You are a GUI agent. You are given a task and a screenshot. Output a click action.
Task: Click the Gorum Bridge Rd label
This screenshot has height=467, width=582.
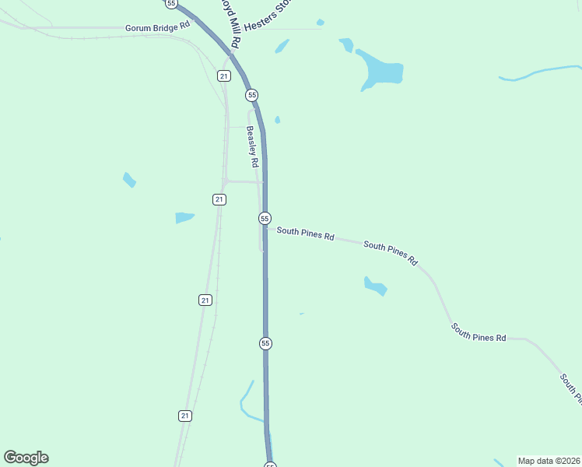pyautogui.click(x=158, y=26)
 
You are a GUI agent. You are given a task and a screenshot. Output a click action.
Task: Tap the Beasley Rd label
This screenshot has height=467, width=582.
pyautogui.click(x=251, y=147)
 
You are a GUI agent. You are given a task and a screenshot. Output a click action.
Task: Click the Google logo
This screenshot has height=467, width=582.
pyautogui.click(x=26, y=458)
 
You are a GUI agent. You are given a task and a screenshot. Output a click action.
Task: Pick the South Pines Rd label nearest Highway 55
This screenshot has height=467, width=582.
pyautogui.click(x=305, y=233)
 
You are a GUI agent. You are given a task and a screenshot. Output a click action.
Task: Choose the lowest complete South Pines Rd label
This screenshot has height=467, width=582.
pyautogui.click(x=479, y=332)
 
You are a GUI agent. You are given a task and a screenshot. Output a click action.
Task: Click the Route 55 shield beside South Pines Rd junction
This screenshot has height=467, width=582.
pyautogui.click(x=265, y=219)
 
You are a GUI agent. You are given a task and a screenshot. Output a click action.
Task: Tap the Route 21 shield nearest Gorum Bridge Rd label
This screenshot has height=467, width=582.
pyautogui.click(x=224, y=75)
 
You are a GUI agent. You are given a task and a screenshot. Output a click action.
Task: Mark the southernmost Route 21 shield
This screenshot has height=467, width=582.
pyautogui.click(x=184, y=416)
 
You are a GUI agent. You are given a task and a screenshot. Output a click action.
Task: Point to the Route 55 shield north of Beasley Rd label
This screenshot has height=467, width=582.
pyautogui.click(x=251, y=95)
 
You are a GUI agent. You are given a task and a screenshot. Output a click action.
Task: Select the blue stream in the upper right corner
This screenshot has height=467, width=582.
pyautogui.click(x=537, y=74)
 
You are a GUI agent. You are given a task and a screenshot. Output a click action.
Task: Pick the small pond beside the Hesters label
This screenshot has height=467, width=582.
pyautogui.click(x=282, y=47)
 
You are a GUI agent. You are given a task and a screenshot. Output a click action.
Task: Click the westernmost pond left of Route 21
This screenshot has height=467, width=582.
pyautogui.click(x=129, y=180)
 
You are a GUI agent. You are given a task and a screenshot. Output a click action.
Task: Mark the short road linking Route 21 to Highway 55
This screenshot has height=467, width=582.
pyautogui.click(x=243, y=181)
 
